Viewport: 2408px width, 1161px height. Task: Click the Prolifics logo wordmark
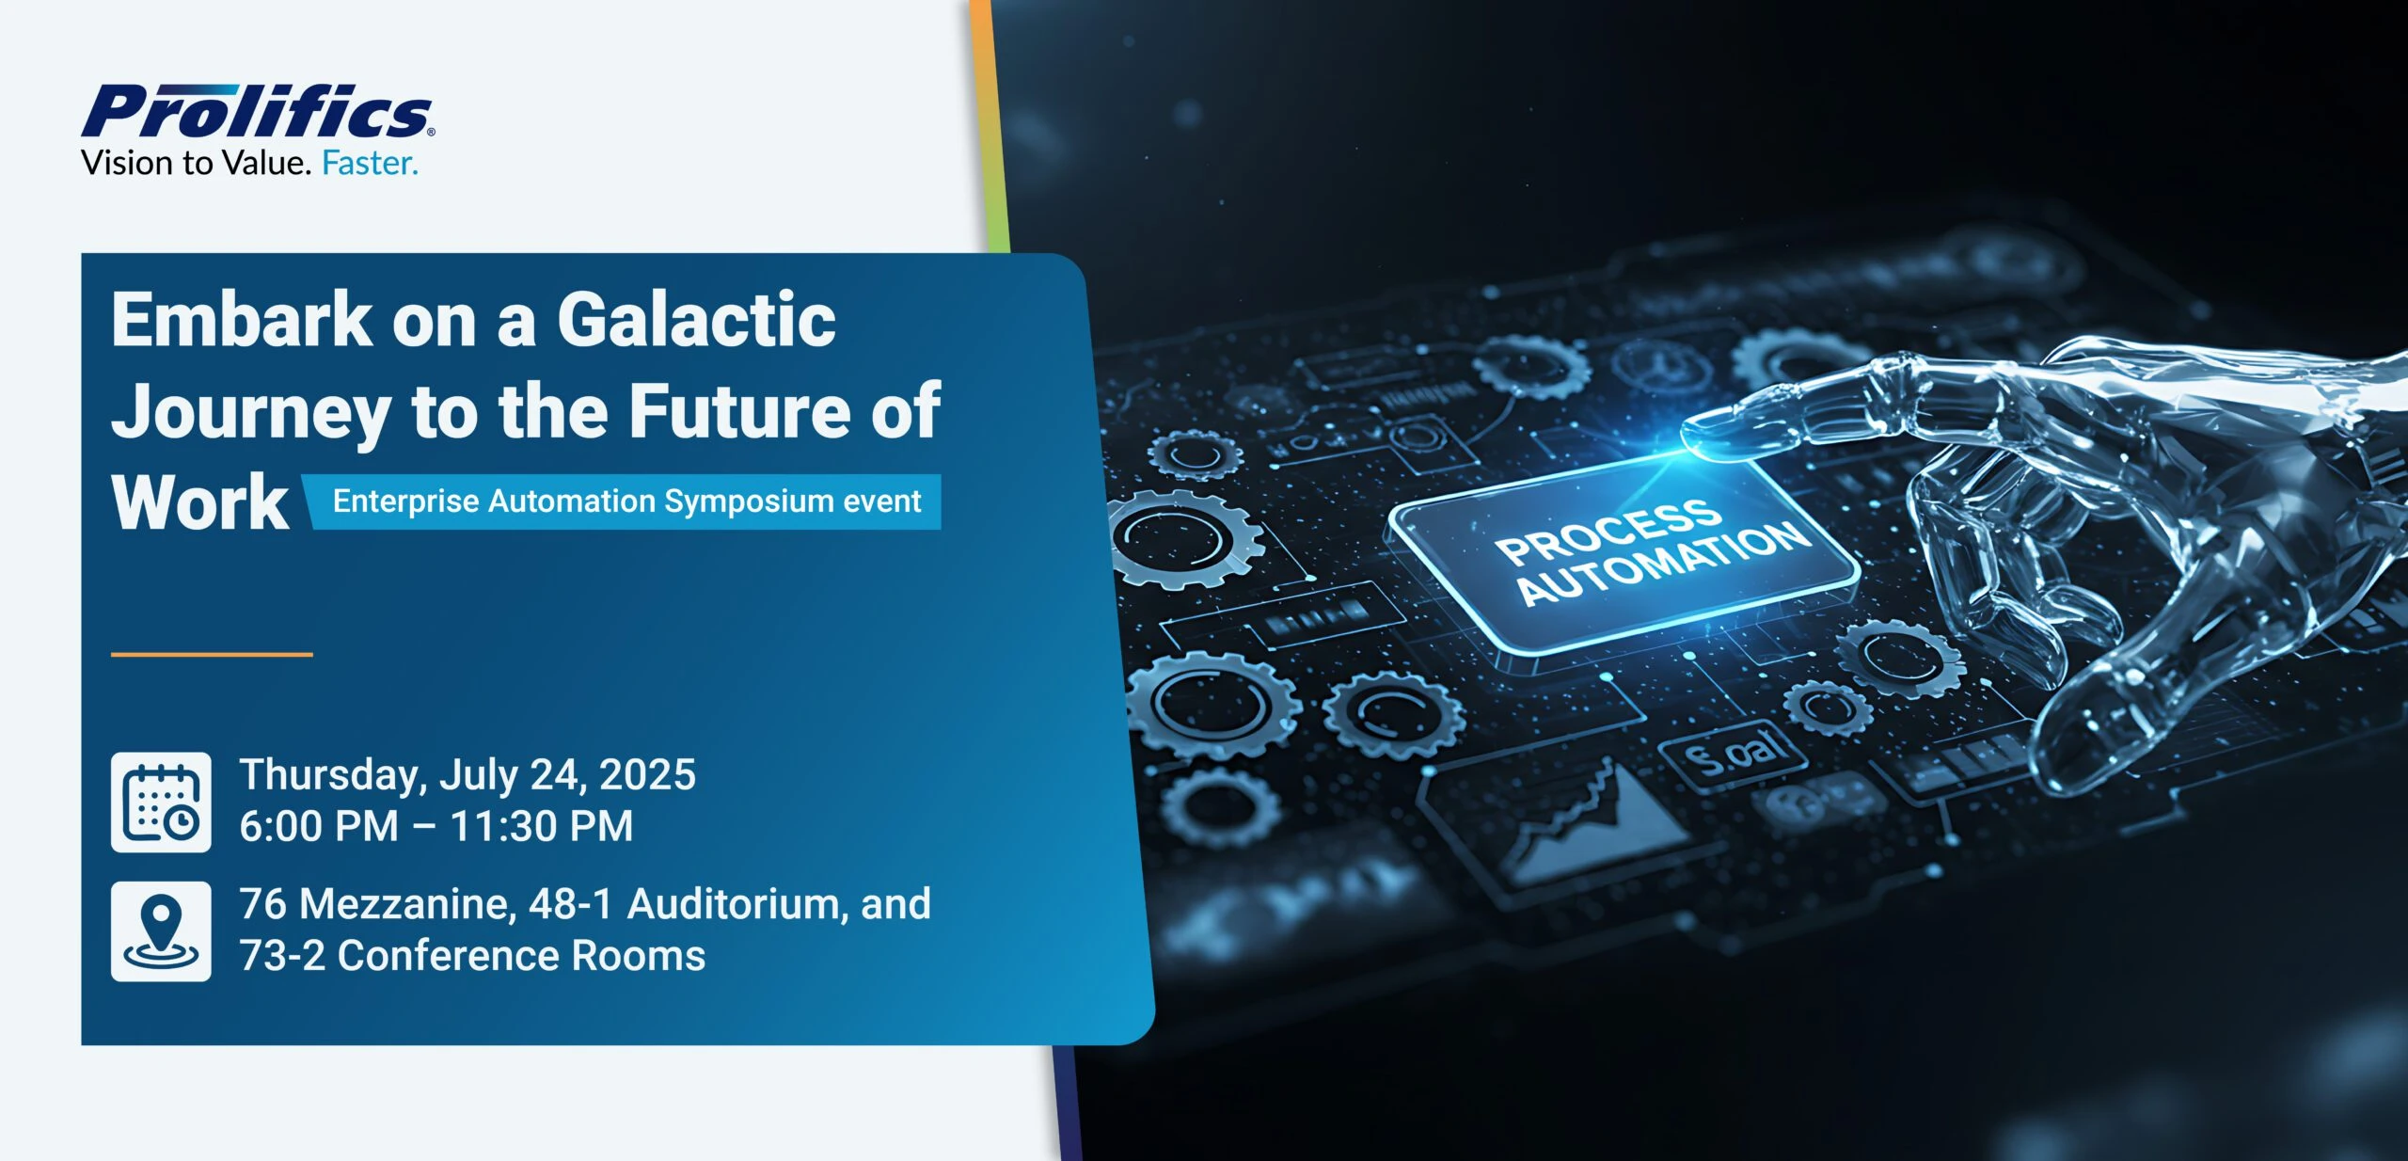tap(257, 112)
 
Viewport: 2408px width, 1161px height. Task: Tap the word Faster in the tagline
tap(369, 164)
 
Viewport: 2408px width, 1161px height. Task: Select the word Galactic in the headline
tap(696, 319)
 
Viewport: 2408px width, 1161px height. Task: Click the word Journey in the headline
tap(250, 412)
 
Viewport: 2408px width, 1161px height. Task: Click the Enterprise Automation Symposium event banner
tap(626, 501)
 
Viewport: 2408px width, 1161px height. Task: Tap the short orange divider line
tap(212, 654)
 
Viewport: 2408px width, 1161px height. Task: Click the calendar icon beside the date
tap(161, 802)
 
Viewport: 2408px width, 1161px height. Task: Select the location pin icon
tap(161, 930)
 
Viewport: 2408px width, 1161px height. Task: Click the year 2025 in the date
tap(647, 775)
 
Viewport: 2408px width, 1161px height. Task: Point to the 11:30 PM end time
tap(542, 826)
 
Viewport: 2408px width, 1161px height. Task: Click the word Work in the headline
tap(200, 502)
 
